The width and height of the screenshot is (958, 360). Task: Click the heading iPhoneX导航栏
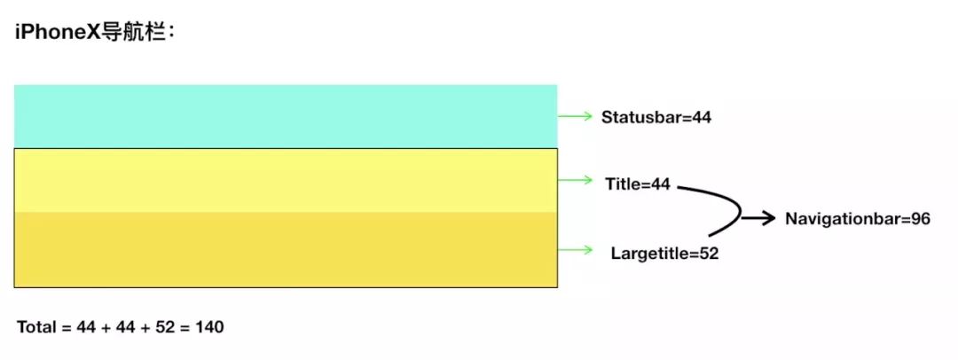pos(97,34)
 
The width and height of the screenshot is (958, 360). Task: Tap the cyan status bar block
pos(286,116)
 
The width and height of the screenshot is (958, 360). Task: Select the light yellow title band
pos(286,180)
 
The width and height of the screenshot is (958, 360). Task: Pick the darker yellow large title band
pos(286,249)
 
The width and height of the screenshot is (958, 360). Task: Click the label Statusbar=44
pos(656,117)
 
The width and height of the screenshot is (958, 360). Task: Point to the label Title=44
pos(638,184)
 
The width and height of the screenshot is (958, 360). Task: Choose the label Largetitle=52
pos(664,254)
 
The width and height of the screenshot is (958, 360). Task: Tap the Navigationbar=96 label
pos(857,219)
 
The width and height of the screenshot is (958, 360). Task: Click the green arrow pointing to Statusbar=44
pos(575,116)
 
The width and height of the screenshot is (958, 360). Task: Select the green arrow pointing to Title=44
pos(575,180)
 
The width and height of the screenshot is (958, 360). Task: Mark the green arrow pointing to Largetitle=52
pos(575,250)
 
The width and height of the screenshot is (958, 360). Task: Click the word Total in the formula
pos(35,327)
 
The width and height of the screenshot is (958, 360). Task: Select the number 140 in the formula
pos(209,327)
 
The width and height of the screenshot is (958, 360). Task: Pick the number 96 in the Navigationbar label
pos(920,219)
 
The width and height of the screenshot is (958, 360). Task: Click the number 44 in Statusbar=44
pos(701,117)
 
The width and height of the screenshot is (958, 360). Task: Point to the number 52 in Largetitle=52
pos(708,254)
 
